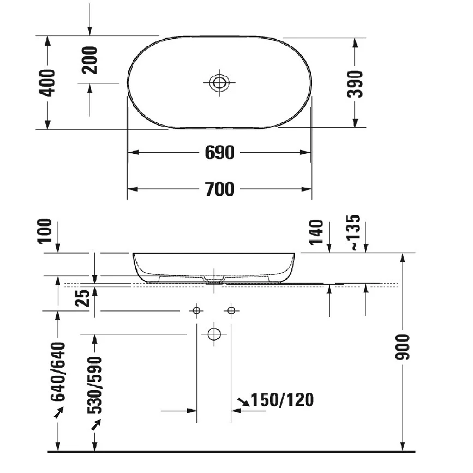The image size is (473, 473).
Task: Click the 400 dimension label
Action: click(x=47, y=83)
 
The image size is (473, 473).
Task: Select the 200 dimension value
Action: click(x=89, y=60)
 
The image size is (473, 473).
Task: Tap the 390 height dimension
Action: click(x=355, y=84)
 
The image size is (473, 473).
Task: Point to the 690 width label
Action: click(x=220, y=153)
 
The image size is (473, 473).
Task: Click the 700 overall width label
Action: click(x=220, y=189)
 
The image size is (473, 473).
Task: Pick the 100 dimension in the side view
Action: click(x=45, y=231)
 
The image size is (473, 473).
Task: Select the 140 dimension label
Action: click(x=316, y=232)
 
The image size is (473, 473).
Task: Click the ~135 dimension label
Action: click(x=353, y=232)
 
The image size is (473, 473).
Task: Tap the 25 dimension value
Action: click(x=82, y=298)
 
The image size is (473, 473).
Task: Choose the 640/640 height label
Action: click(x=58, y=372)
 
